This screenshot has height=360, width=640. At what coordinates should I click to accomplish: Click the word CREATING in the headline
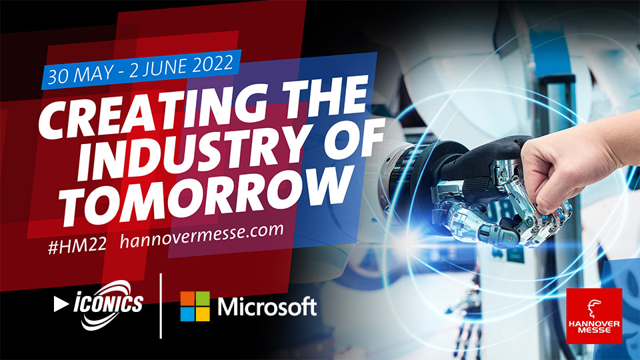tap(152, 110)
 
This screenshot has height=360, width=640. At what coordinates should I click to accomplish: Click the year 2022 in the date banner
tap(213, 64)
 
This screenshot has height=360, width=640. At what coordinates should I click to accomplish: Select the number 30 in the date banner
tap(57, 77)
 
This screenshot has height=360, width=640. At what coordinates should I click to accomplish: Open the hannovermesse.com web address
tap(201, 235)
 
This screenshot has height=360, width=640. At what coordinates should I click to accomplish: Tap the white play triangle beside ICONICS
tap(61, 304)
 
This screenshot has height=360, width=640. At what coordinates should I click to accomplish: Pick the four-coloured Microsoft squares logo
tap(195, 306)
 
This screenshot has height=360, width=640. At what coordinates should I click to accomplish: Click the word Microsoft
tap(267, 307)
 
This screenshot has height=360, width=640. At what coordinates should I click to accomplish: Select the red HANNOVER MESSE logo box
tap(594, 315)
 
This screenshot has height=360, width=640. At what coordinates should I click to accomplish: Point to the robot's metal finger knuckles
tap(547, 221)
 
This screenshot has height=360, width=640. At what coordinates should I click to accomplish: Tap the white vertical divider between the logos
tap(161, 306)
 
